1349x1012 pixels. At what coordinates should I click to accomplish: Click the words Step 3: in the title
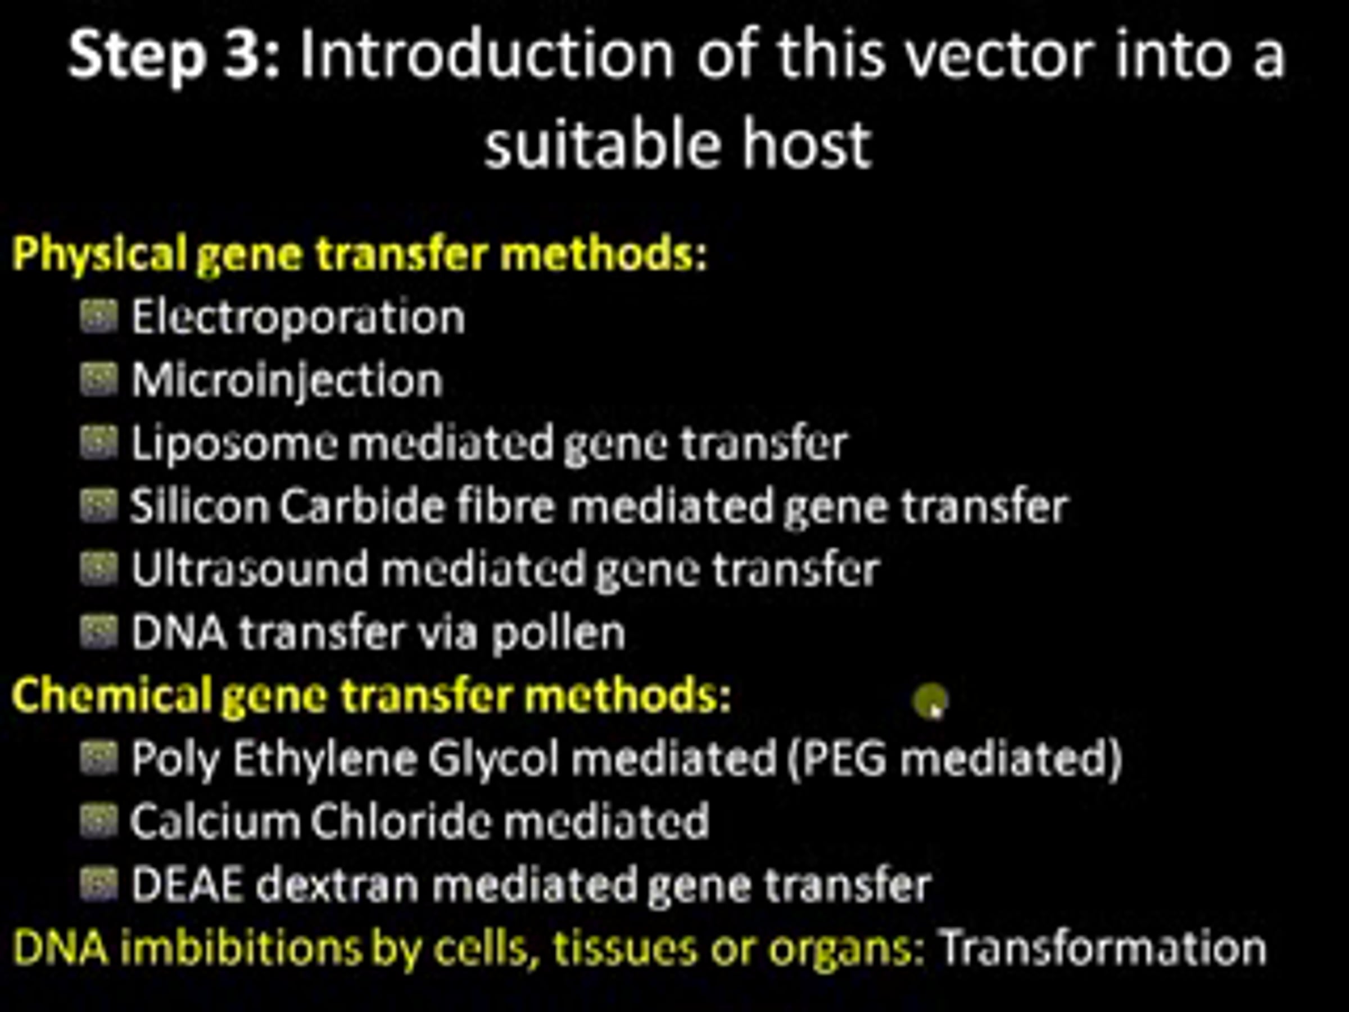(174, 56)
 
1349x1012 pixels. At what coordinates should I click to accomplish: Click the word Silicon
(200, 507)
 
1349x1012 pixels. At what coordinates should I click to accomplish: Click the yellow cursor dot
(930, 701)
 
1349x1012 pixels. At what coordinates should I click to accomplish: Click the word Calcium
(215, 821)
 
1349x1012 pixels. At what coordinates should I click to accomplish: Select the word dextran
(337, 885)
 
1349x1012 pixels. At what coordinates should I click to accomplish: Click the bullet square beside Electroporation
(99, 318)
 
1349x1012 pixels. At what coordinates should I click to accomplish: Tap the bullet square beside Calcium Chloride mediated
(99, 821)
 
